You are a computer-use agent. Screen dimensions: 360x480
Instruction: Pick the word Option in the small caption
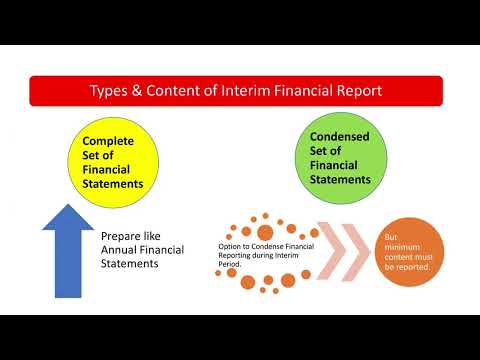coord(233,245)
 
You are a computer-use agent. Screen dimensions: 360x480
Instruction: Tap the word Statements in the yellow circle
coord(112,184)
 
